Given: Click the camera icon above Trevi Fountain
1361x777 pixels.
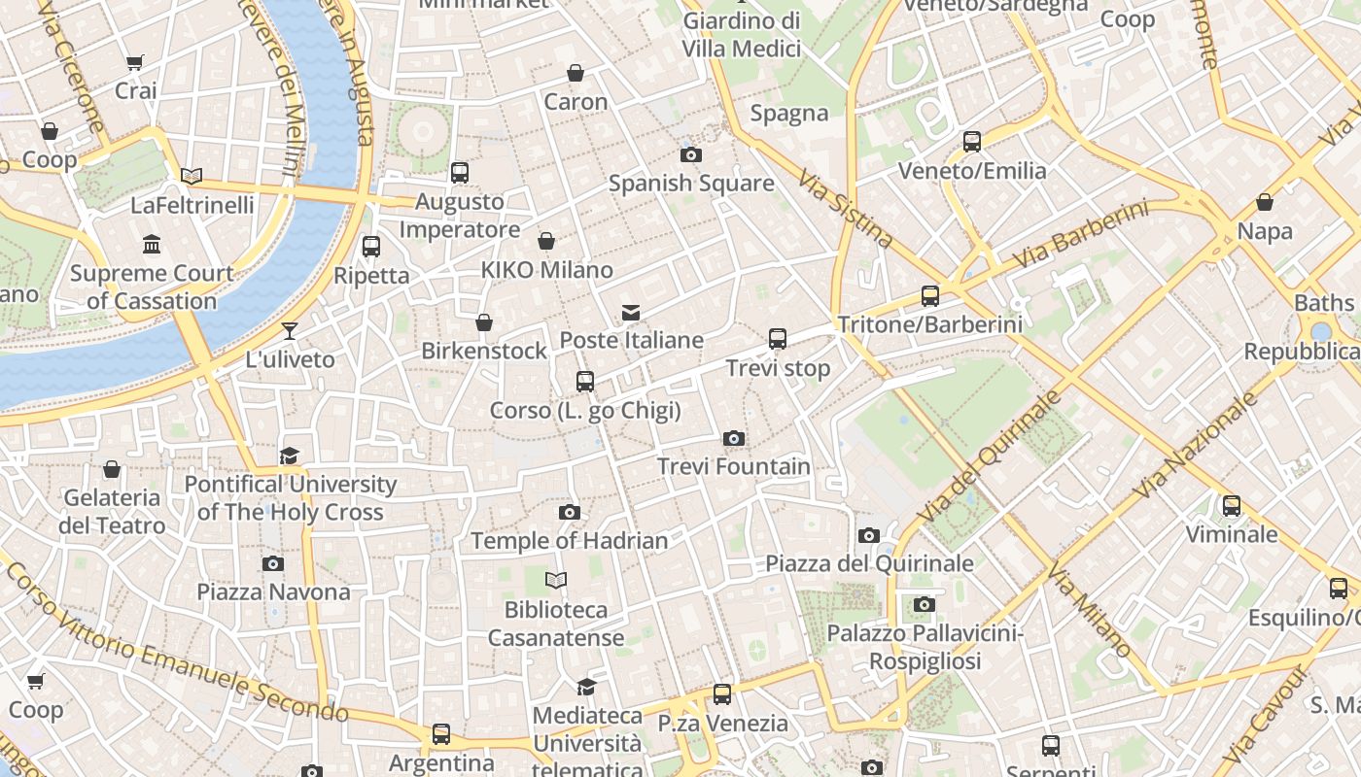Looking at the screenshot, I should pos(734,439).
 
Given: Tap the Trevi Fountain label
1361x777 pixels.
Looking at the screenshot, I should pos(734,467).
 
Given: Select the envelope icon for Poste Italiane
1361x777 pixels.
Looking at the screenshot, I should pos(631,313).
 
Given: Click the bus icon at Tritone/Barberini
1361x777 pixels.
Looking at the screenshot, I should pos(930,296).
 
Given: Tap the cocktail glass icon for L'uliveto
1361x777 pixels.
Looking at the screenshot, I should pos(289,331).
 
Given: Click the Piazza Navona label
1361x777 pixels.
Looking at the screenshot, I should pos(273,592).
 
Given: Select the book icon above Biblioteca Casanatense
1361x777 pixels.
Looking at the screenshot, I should pos(556,581).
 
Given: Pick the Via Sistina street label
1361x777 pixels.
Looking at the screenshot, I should pos(845,209).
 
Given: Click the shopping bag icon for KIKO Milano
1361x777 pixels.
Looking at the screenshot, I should pos(546,241).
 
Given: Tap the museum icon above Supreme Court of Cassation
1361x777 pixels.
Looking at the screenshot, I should pos(152,245).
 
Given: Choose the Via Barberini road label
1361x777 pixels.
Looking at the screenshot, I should pos(1079,236).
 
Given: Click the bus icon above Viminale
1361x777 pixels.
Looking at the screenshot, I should pos(1232,506).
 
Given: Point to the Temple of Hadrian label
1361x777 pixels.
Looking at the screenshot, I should pos(570,541).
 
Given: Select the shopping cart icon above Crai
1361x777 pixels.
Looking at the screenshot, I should pos(135,63).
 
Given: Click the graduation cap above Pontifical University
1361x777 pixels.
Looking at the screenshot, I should pos(289,456).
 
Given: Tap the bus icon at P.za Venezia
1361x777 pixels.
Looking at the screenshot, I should pos(721,694).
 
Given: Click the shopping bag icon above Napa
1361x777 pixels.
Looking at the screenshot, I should pos(1265,203).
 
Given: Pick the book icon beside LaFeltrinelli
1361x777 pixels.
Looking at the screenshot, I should pos(192,177).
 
